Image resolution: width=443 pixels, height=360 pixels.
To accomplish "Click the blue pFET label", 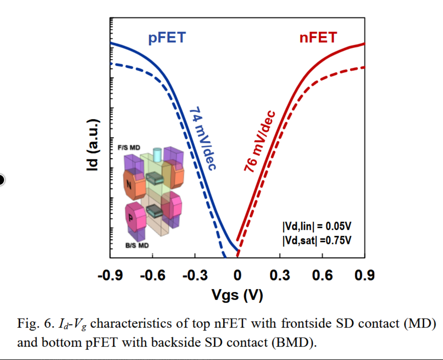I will click(167, 38).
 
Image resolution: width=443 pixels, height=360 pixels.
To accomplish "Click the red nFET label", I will click(318, 38).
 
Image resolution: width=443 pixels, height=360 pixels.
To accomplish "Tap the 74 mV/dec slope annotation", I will click(203, 138).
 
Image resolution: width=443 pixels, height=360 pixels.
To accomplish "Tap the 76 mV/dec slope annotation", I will click(259, 142).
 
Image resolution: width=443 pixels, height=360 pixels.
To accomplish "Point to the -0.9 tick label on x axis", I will click(110, 275).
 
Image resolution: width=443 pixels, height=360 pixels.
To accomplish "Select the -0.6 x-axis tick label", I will click(153, 275).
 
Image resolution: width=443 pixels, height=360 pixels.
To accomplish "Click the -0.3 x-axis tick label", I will click(195, 275).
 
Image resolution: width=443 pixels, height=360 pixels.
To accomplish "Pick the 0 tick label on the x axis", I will click(237, 275).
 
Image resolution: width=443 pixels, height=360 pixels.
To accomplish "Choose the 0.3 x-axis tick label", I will click(280, 275).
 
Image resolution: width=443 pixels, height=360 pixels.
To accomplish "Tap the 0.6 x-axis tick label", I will click(322, 275).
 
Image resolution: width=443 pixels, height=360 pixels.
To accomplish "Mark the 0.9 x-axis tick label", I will click(364, 275).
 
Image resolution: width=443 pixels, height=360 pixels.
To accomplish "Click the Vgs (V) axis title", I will click(237, 295).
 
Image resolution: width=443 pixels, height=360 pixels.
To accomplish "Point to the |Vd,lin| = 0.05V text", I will click(317, 226).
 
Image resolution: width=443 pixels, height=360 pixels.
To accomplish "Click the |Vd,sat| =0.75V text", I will click(317, 240).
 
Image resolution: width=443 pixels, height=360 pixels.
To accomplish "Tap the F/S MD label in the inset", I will click(129, 148).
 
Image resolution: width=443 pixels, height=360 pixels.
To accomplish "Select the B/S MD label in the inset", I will click(137, 246).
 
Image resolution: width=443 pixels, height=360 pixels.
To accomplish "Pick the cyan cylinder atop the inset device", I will click(157, 155).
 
